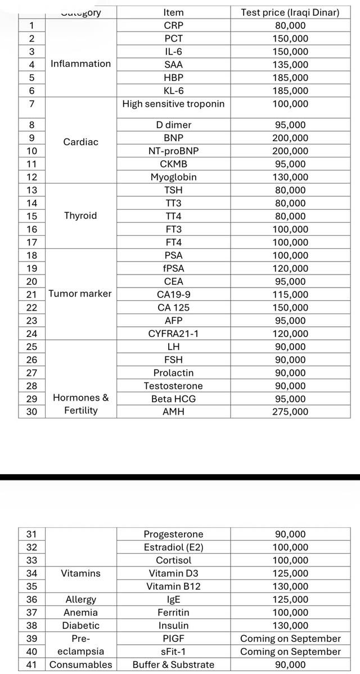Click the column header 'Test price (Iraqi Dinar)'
click(290, 12)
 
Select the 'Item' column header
click(173, 12)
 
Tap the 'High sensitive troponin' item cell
click(173, 104)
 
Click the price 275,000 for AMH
click(290, 412)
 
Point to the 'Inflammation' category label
click(81, 64)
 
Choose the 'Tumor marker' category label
click(80, 294)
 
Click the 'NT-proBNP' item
click(173, 151)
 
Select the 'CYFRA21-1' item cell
click(173, 334)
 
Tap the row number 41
click(31, 664)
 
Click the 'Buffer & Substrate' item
click(173, 664)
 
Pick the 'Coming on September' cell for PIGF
click(290, 639)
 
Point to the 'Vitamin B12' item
click(173, 587)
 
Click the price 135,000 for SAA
click(290, 64)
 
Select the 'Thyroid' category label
click(80, 216)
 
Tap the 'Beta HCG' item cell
click(173, 399)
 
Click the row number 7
click(31, 104)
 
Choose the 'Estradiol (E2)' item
click(173, 547)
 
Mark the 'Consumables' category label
click(81, 664)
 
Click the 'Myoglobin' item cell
click(173, 177)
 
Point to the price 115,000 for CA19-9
click(290, 294)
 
